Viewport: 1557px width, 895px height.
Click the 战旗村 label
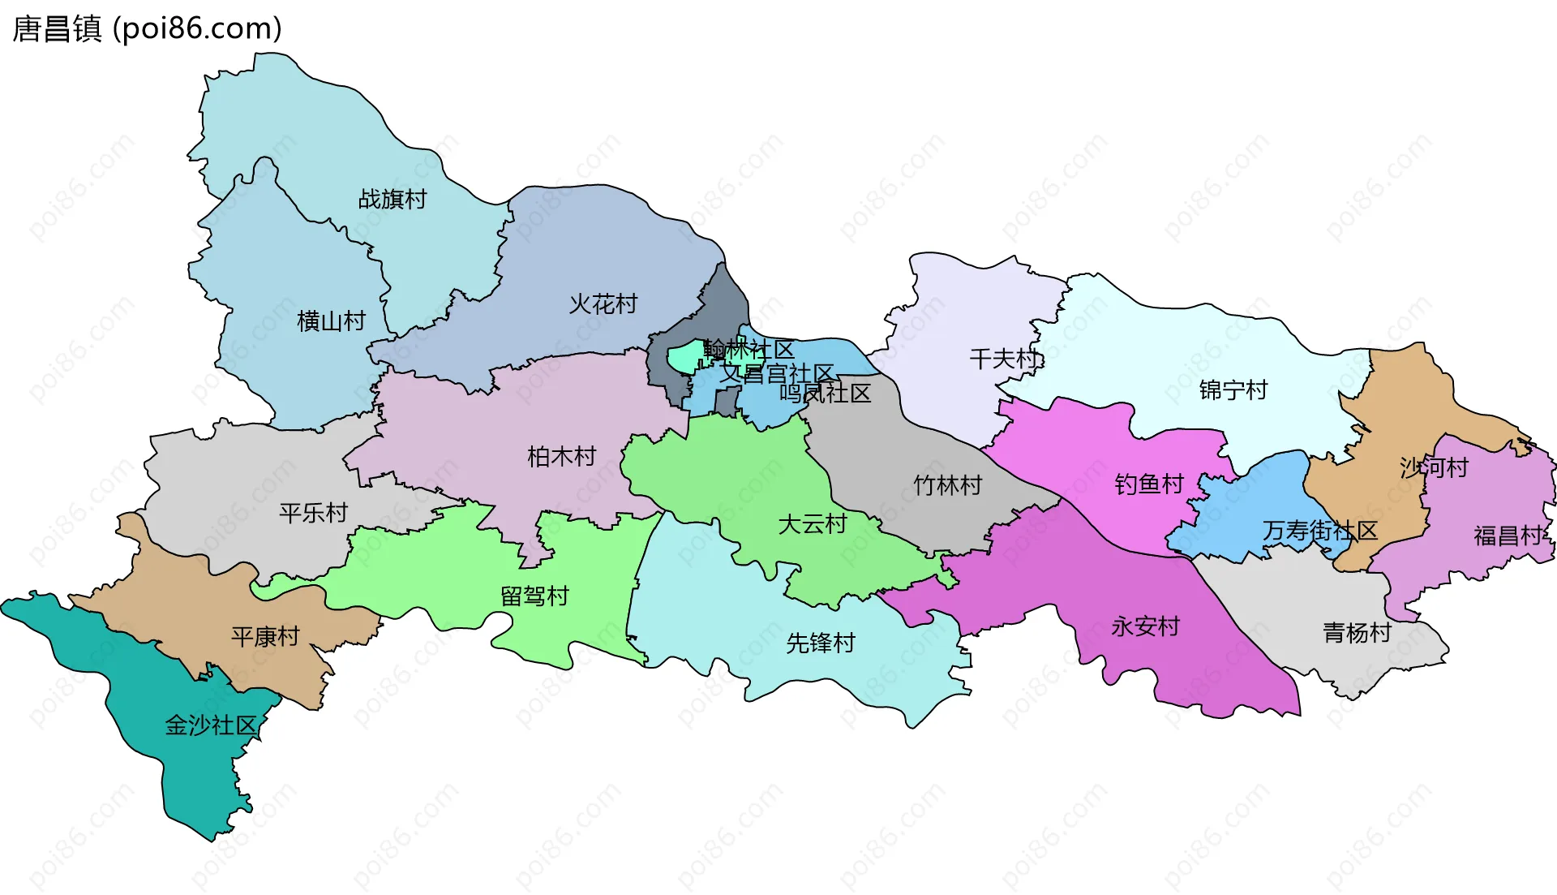392,199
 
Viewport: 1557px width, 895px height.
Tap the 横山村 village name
331,321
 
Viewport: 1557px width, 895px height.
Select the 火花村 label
603,304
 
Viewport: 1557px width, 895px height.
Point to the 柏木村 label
561,457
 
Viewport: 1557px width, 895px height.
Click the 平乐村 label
313,513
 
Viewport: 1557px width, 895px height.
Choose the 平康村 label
265,636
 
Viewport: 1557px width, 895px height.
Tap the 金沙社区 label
210,725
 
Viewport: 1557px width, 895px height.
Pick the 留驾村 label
534,596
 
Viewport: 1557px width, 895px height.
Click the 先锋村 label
821,643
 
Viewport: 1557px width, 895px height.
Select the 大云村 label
812,524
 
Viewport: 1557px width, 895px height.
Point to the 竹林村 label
947,485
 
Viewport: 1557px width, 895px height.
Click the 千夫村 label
1004,359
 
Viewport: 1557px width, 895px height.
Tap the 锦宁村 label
1233,390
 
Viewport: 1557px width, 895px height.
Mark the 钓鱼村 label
1149,484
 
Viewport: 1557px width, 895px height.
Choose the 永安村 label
1145,626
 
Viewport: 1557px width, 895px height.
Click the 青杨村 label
1357,633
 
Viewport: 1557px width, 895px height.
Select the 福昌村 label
1508,536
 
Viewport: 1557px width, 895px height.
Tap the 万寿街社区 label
1319,531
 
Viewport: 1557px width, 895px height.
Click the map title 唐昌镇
57,28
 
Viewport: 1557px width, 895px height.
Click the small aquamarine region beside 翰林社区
684,357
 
